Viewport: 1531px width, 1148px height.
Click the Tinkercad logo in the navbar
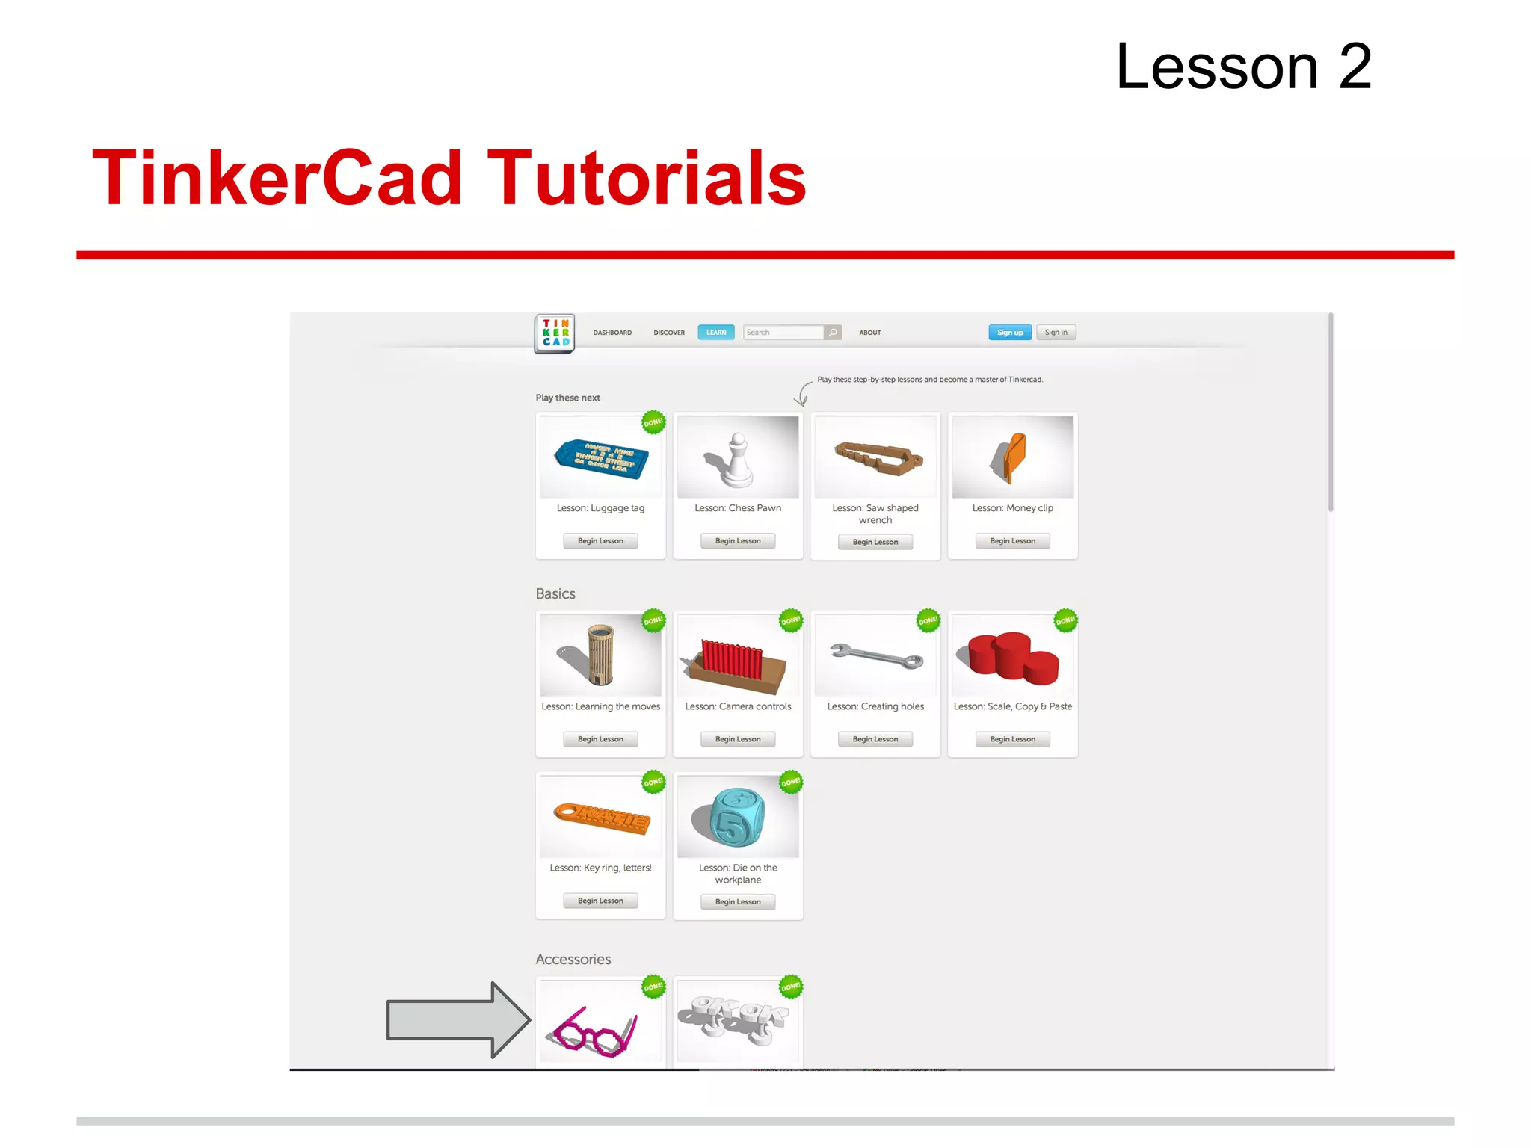tap(555, 333)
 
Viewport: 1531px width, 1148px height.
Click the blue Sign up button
tap(1009, 333)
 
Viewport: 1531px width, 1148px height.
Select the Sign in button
tap(1056, 333)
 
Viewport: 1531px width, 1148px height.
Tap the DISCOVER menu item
tap(668, 333)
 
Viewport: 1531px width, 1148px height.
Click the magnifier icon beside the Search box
tap(833, 333)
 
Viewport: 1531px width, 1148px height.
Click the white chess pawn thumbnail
tap(738, 457)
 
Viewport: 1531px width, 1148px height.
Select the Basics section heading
tap(555, 593)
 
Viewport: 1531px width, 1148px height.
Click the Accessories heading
tap(573, 959)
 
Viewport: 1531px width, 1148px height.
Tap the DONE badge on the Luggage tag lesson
tap(653, 422)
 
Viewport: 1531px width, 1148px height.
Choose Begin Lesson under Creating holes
tap(875, 739)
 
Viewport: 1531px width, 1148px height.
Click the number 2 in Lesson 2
tap(1354, 67)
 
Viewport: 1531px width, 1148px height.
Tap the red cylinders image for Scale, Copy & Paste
tap(1012, 656)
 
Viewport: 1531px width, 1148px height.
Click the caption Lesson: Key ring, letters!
tap(600, 868)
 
